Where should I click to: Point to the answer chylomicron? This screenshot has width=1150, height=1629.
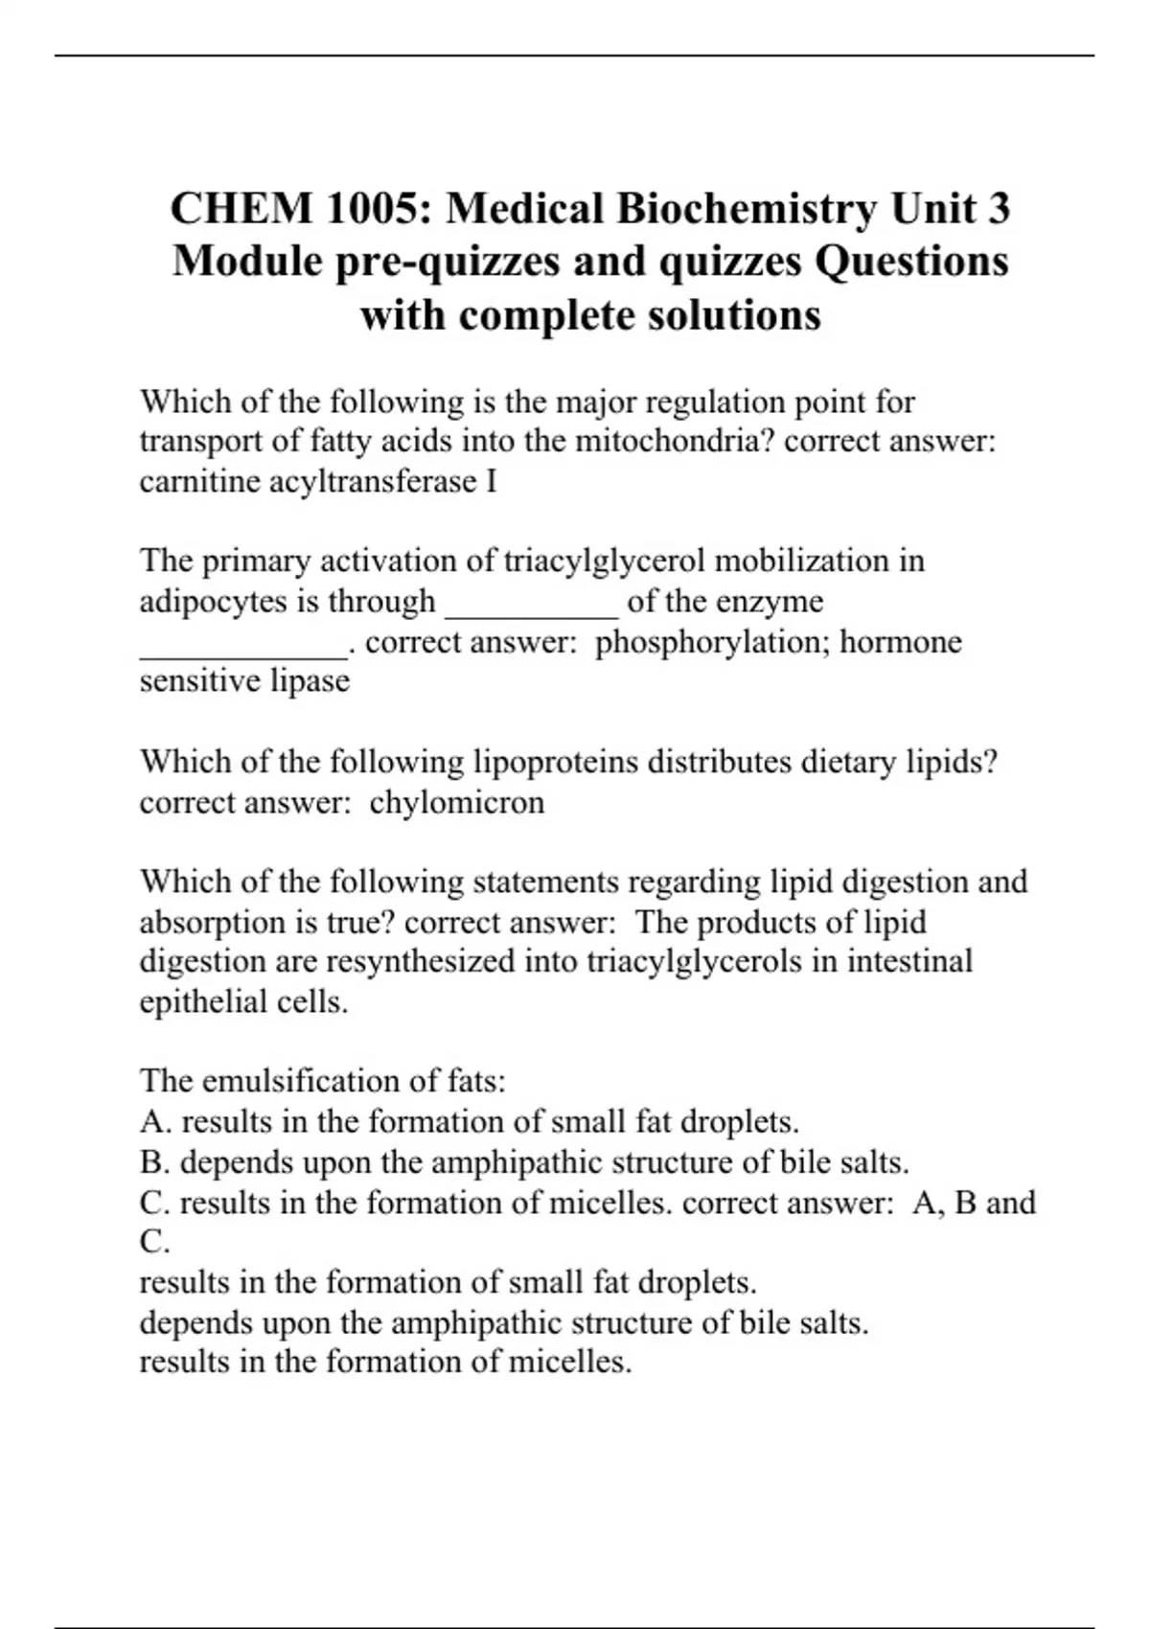point(456,802)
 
